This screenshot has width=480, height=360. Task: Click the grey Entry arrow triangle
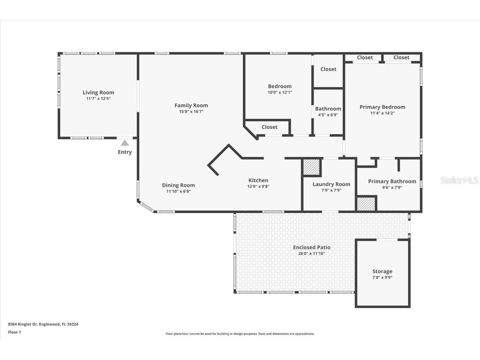(x=125, y=143)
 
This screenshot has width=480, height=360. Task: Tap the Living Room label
(x=98, y=92)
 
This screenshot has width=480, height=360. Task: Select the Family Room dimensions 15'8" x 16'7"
(x=191, y=112)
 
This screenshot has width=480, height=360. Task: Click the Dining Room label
(x=178, y=185)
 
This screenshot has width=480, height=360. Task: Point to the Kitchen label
(x=258, y=180)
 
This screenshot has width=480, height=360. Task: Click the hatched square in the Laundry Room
(x=311, y=167)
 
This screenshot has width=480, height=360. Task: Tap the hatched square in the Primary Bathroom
(x=366, y=204)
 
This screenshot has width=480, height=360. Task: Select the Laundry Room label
(x=331, y=184)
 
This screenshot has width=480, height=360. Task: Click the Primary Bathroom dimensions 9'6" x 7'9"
(x=392, y=187)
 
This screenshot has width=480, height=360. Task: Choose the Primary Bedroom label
(x=382, y=107)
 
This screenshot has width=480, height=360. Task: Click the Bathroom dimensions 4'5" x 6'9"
(x=328, y=115)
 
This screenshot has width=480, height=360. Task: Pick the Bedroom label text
(x=280, y=86)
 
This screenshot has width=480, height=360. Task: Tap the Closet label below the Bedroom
(x=270, y=127)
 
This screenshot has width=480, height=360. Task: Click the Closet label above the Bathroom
(x=328, y=69)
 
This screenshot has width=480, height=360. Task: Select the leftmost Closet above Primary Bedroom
(x=365, y=57)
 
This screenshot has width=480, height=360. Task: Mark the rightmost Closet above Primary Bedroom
(x=401, y=57)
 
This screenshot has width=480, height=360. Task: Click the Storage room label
(x=382, y=271)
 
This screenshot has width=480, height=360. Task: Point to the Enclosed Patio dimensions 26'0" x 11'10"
(x=312, y=253)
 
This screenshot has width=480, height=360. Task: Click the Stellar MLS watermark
(x=459, y=180)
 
